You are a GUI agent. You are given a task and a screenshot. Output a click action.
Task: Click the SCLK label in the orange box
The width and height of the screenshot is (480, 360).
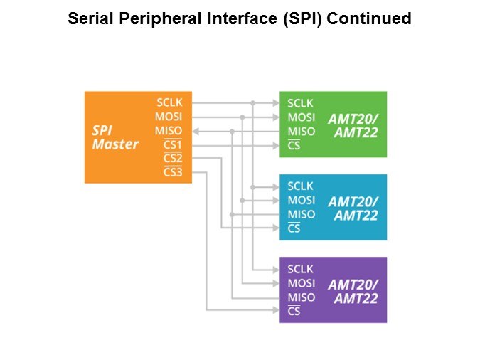pos(169,102)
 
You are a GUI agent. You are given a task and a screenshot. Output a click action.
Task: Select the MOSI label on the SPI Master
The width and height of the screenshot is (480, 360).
pos(169,117)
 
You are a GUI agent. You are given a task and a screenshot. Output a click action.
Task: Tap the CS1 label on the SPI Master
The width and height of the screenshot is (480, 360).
pos(173,144)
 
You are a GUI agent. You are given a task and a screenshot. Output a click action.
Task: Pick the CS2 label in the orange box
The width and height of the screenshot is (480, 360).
pos(173,158)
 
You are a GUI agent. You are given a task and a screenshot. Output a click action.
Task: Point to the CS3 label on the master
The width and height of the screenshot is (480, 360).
pos(173,172)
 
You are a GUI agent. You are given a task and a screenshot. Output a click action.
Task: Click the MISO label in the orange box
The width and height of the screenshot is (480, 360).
pos(169,131)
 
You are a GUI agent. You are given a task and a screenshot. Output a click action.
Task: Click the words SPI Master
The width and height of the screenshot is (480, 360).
pos(115,137)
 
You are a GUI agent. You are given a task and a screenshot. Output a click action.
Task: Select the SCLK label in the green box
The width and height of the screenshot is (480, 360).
pos(300,103)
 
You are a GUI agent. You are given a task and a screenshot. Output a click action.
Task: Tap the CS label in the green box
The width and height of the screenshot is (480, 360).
pos(294,145)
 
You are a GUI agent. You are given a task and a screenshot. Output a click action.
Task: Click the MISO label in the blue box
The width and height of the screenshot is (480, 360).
pos(302,214)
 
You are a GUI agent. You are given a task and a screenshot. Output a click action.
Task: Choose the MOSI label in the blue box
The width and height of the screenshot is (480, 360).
pos(302,200)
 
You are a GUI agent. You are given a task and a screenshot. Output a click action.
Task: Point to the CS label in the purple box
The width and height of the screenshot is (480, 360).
pos(294,311)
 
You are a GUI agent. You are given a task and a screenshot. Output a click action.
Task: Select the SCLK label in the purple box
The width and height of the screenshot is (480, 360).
pos(300,269)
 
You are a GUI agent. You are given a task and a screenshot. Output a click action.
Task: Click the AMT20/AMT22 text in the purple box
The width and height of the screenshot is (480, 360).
pos(353,292)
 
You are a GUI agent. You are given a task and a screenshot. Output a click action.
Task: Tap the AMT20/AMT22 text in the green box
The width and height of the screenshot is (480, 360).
pos(353,126)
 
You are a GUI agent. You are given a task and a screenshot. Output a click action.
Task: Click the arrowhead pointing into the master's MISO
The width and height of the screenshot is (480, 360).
pos(196,132)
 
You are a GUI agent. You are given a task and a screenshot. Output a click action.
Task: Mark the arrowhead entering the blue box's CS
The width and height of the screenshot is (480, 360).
pos(276,228)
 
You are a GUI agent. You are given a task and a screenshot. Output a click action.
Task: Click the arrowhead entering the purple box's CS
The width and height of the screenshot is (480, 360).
pos(276,310)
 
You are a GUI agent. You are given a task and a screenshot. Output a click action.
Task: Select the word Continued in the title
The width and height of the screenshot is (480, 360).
pos(369,18)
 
